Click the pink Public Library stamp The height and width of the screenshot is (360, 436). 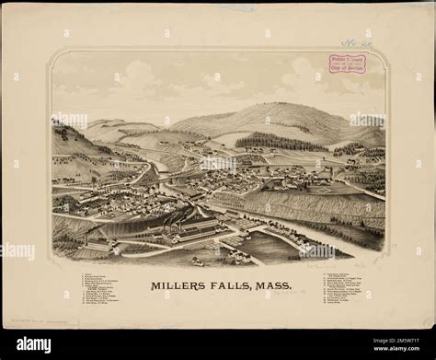[348, 64]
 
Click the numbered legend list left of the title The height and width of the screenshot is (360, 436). [108, 289]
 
